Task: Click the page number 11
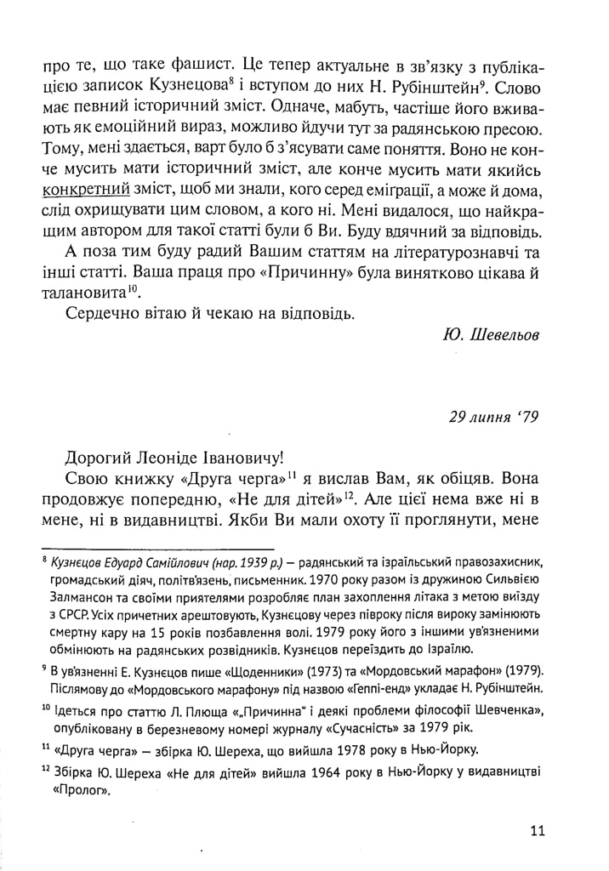click(536, 831)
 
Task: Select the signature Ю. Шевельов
click(491, 334)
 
